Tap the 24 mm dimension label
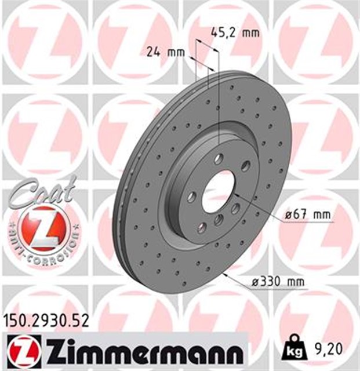pyautogui.click(x=162, y=52)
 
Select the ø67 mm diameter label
pyautogui.click(x=308, y=216)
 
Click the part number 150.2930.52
pyautogui.click(x=46, y=320)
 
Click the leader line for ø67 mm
pyautogui.click(x=261, y=206)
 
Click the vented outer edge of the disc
pyautogui.click(x=125, y=191)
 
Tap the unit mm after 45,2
pyautogui.click(x=250, y=32)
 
